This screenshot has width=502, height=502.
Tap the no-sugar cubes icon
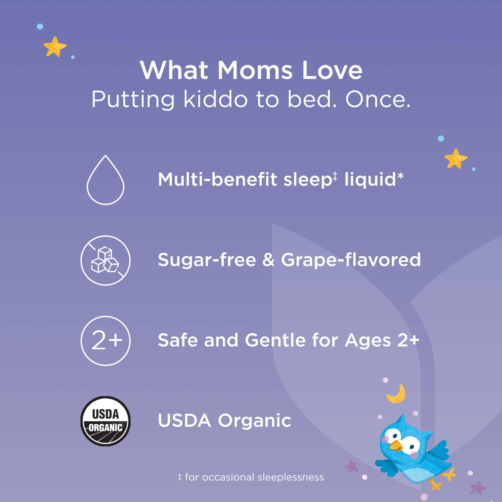point(105,260)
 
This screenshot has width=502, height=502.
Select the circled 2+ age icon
point(105,341)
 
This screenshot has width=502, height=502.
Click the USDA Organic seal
point(105,421)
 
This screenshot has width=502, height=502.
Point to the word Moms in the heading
point(255,71)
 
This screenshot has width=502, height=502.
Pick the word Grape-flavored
point(351,260)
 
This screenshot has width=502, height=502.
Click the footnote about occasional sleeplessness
point(251,477)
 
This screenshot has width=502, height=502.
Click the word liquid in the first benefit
point(370,180)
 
